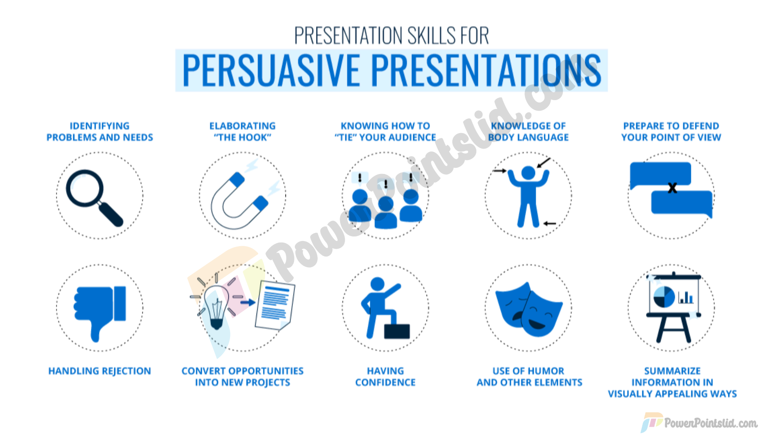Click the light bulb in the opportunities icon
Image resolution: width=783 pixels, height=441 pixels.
[x=216, y=306]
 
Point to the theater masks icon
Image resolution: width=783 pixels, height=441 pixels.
[x=529, y=309]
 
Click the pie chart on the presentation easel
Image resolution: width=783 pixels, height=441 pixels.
[x=664, y=297]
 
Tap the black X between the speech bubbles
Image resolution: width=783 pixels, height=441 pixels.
[x=672, y=188]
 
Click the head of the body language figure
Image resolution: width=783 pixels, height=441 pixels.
[x=528, y=173]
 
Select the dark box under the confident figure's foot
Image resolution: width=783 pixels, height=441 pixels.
[x=397, y=331]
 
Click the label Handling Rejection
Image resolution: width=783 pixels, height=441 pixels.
[x=100, y=371]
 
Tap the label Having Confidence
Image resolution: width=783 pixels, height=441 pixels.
[x=385, y=376]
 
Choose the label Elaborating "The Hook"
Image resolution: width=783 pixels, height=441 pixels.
[x=243, y=131]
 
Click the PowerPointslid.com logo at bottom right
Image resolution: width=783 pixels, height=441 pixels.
[x=699, y=423]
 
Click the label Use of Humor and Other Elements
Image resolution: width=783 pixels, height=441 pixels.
[x=529, y=376]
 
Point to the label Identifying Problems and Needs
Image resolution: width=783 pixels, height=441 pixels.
[x=100, y=131]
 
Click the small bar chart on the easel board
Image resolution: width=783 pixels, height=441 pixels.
[x=686, y=297]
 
